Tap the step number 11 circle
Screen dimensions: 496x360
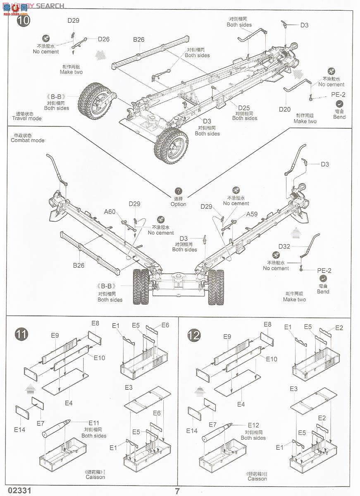click(21, 334)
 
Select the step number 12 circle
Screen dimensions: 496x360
click(194, 334)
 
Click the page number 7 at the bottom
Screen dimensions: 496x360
click(177, 491)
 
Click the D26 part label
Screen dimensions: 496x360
click(103, 39)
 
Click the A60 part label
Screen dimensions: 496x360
click(110, 212)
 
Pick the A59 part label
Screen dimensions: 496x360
click(252, 215)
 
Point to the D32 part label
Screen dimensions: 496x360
click(284, 246)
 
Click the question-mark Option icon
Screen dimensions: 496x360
click(178, 191)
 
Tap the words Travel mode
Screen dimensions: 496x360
click(27, 118)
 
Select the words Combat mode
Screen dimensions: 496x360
click(27, 140)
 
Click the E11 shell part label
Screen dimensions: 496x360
click(94, 423)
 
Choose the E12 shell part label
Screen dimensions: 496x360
click(253, 425)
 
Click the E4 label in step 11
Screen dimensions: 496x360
click(69, 403)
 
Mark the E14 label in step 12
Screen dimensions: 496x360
click(192, 430)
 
